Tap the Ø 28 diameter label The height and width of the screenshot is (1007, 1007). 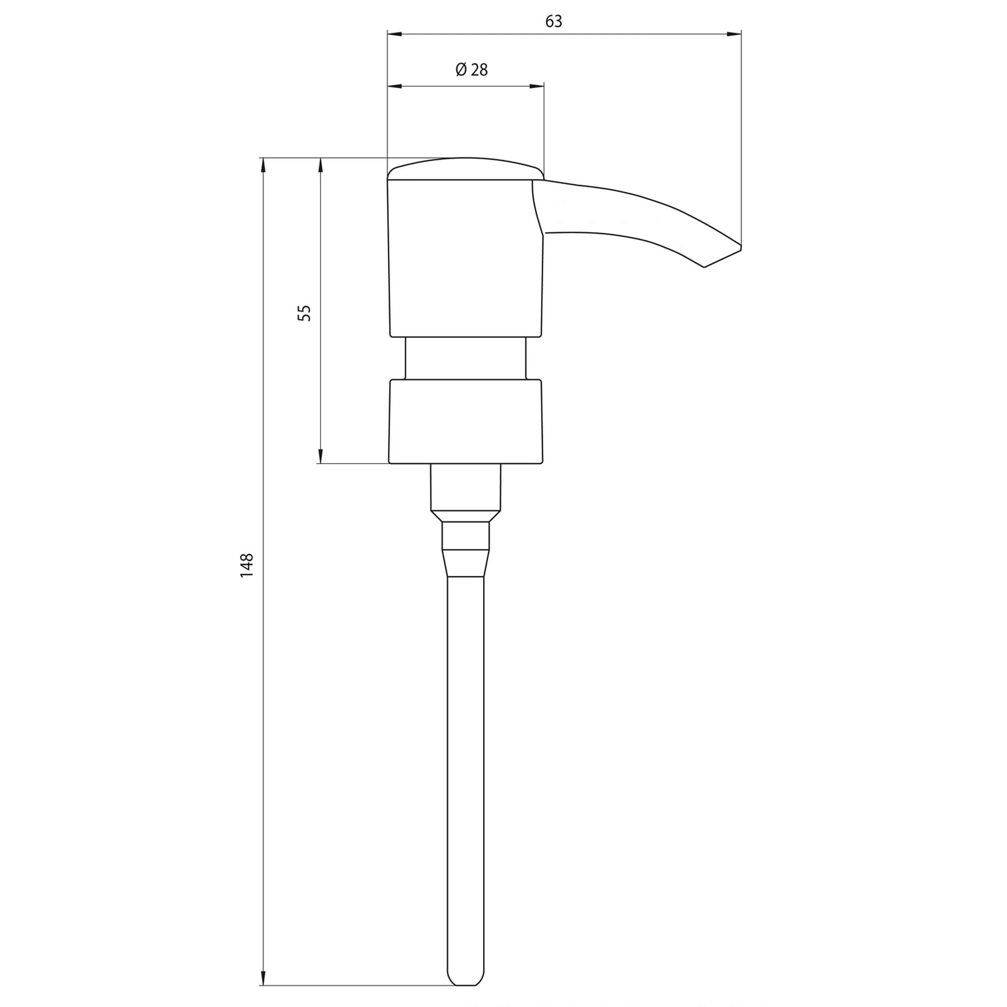point(472,70)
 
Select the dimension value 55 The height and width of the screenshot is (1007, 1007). point(304,313)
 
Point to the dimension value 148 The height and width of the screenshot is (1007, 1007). point(246,565)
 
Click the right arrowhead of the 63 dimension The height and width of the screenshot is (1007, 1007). point(734,34)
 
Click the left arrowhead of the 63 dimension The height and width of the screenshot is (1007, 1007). point(394,34)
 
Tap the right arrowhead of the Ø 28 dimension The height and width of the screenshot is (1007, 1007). point(537,86)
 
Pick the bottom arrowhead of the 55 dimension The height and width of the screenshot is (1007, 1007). point(321,456)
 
